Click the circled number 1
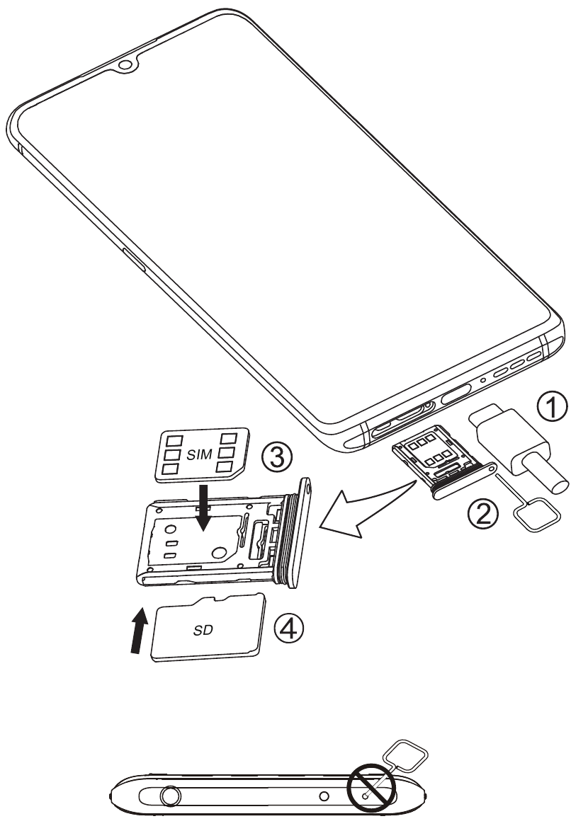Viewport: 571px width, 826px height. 552,408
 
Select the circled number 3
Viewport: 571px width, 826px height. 276,457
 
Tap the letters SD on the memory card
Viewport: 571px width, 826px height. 203,629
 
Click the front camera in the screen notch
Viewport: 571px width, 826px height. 125,65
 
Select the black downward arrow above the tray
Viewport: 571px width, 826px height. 203,507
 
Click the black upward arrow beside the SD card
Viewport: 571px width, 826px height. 139,631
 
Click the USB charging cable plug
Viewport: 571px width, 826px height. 519,447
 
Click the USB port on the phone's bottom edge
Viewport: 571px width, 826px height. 456,393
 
